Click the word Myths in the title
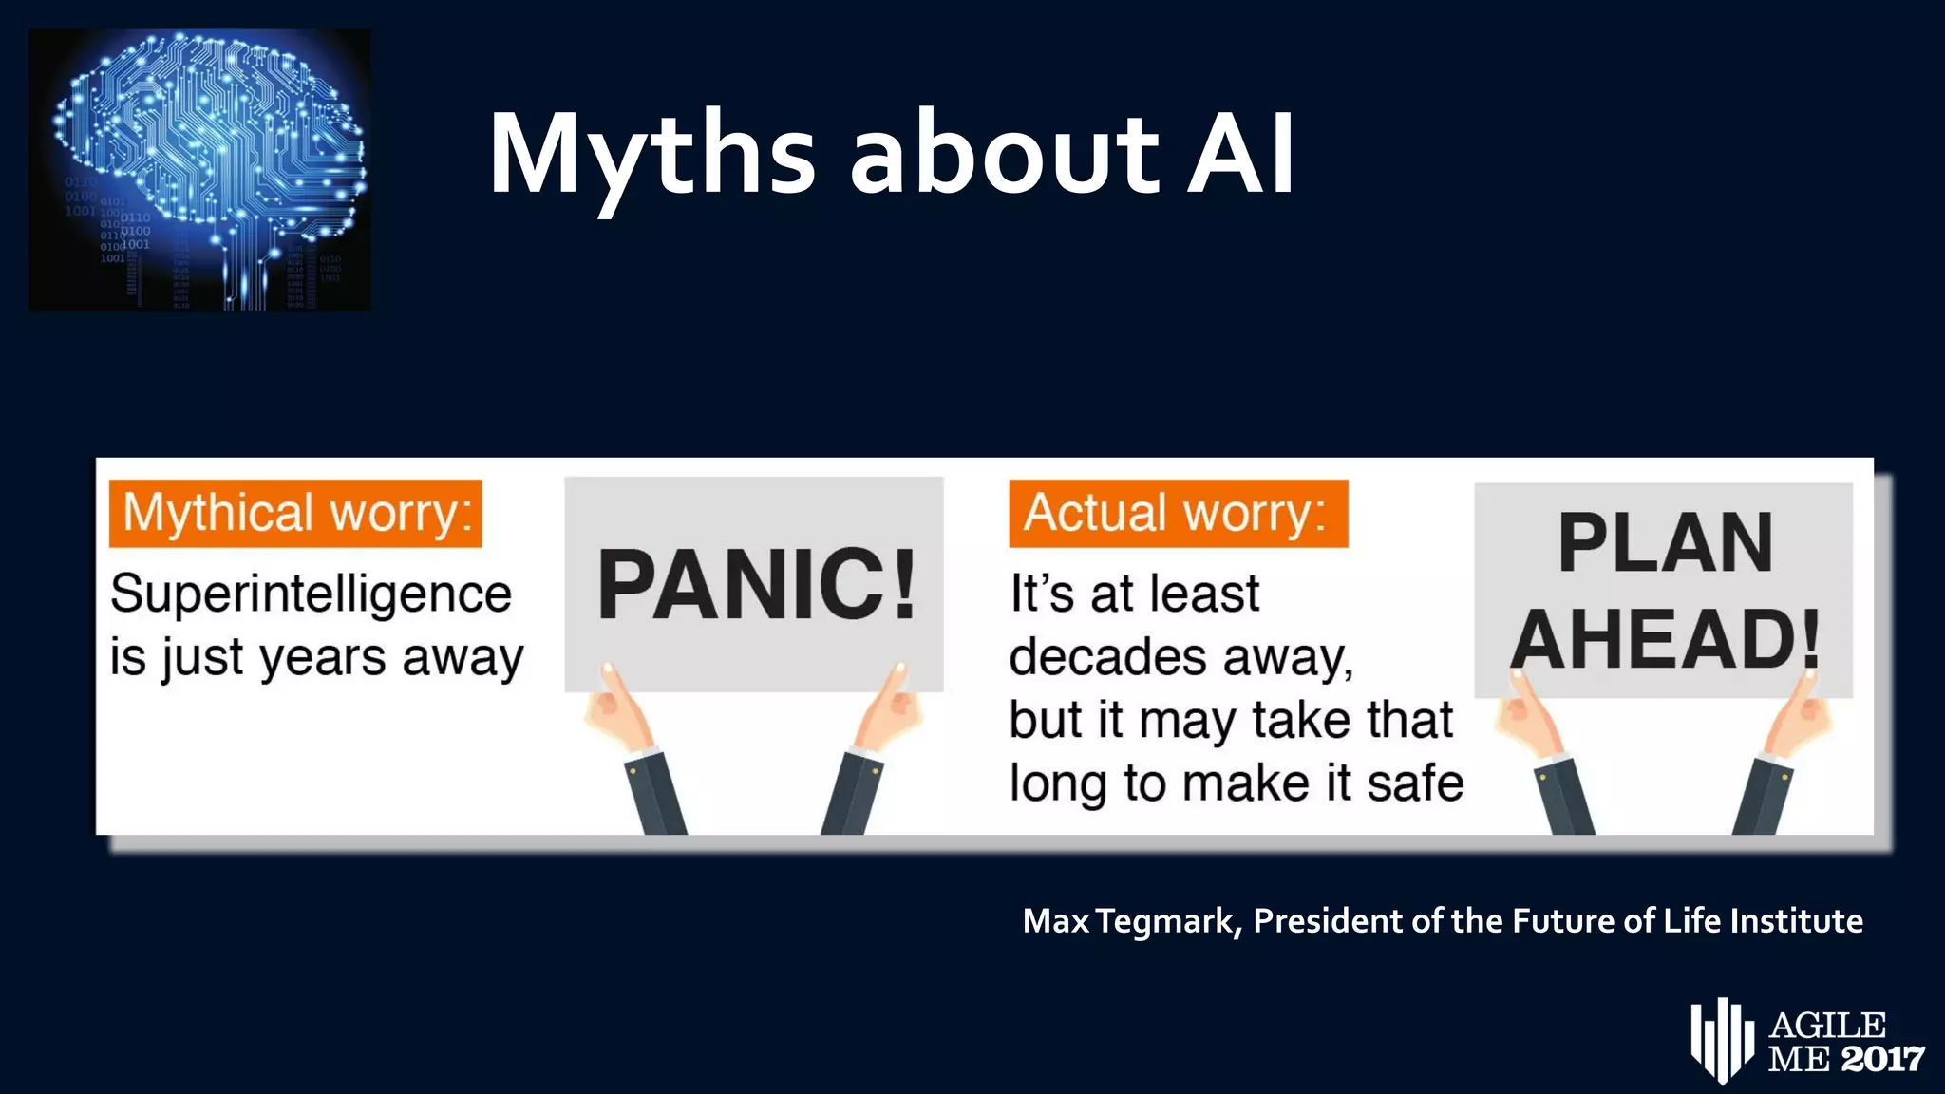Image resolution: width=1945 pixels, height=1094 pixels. tap(651, 154)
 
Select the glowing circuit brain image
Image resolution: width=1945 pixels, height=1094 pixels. tap(200, 169)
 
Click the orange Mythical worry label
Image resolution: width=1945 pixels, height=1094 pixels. tap(295, 514)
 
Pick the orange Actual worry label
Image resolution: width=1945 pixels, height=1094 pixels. tap(1178, 514)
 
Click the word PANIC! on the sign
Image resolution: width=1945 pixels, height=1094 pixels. tap(756, 585)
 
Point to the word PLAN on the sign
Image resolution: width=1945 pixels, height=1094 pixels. tap(1665, 543)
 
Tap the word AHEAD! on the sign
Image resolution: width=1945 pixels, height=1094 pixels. tap(1665, 639)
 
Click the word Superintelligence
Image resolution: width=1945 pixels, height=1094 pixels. tap(311, 594)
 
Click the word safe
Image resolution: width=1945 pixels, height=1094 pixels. tap(1414, 783)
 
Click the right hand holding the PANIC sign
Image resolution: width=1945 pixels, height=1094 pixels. tap(889, 707)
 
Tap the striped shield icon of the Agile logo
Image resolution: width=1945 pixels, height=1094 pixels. tap(1722, 1041)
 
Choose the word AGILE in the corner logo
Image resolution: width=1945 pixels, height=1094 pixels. tap(1828, 1026)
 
